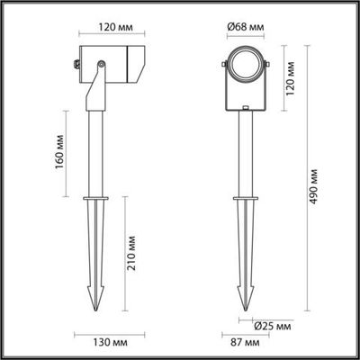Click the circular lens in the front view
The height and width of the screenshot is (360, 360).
pos(244,66)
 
